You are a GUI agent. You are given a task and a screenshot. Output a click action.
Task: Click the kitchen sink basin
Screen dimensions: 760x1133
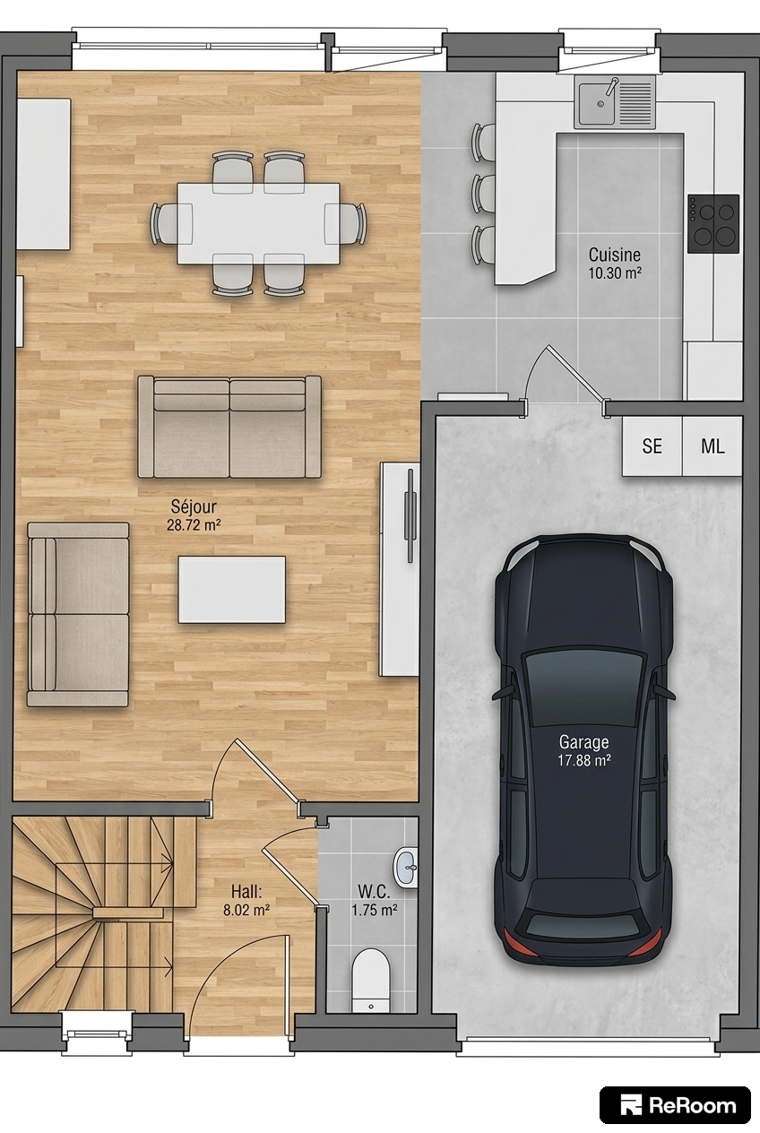point(598,103)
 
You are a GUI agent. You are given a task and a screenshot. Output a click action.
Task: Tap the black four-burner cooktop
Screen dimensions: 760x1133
point(713,223)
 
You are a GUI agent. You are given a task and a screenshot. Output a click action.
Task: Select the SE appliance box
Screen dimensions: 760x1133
point(652,445)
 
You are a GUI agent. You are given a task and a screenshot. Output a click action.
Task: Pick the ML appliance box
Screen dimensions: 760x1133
point(712,445)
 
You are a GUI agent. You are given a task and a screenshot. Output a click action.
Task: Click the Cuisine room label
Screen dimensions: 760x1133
point(615,255)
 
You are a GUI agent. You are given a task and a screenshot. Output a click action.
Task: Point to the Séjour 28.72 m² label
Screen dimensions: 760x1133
point(194,515)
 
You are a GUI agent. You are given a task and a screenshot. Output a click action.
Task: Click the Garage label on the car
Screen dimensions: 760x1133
point(583,742)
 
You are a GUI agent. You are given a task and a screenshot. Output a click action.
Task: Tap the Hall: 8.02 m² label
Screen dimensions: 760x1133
point(246,900)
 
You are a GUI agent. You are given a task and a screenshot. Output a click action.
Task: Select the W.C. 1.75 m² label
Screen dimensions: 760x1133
point(375,900)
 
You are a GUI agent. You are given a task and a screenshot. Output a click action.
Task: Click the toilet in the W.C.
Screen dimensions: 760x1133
point(371,980)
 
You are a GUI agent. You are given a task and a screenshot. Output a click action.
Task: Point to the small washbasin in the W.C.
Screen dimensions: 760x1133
point(405,869)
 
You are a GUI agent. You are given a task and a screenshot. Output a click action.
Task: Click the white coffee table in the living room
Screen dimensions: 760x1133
point(231,589)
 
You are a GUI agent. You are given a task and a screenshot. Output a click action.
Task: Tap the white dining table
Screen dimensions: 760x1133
point(258,223)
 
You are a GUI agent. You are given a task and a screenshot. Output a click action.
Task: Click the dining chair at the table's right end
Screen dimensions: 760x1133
point(345,223)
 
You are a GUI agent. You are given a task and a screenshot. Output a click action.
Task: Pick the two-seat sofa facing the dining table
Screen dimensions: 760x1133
point(229,427)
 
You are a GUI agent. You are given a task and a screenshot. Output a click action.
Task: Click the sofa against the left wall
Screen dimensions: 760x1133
point(78,615)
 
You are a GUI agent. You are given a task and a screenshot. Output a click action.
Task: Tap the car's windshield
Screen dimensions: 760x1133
point(584,682)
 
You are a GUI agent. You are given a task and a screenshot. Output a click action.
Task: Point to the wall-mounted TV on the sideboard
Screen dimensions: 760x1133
point(410,515)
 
